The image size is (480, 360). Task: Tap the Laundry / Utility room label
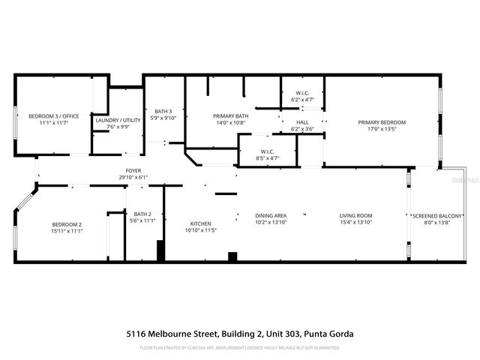coord(118,120)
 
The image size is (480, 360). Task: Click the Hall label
coord(302,122)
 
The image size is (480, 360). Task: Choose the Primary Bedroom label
coord(381,122)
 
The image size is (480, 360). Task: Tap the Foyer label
coord(133,170)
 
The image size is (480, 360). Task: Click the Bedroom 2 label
coord(67,224)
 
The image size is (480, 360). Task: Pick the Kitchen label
coord(200,223)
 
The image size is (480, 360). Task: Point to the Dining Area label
coord(271,215)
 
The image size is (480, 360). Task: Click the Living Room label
coord(355,215)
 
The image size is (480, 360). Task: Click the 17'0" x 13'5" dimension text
coord(381,129)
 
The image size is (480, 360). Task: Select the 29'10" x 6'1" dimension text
coord(133,177)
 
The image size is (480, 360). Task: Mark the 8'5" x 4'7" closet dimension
coord(267,159)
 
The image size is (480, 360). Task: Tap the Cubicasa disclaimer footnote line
coord(239,348)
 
